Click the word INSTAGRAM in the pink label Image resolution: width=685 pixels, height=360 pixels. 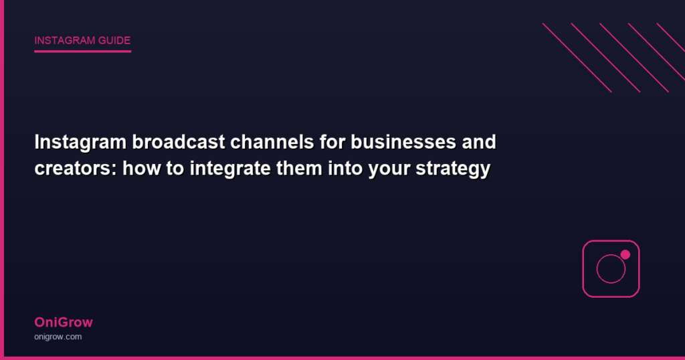[x=65, y=41]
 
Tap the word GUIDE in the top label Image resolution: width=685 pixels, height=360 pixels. [x=114, y=41]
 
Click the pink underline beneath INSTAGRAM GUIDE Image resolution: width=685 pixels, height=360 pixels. [x=82, y=51]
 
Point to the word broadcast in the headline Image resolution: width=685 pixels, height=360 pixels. [x=179, y=142]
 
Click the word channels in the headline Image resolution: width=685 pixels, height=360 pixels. [x=272, y=142]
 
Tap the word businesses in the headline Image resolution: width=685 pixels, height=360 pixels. [x=403, y=142]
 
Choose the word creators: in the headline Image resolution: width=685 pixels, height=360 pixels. [x=76, y=169]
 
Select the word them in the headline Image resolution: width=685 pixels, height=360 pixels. [x=299, y=168]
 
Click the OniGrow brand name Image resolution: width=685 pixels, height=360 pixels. [x=64, y=323]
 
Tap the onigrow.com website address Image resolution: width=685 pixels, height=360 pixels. [x=58, y=337]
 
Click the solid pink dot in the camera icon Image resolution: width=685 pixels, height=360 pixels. [x=625, y=255]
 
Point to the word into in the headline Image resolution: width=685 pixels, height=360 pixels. [x=346, y=168]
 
